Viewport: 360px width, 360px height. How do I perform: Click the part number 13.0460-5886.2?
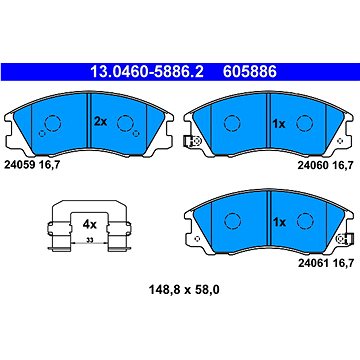[x=147, y=72]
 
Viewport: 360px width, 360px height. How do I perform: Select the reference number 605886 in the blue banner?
[x=250, y=72]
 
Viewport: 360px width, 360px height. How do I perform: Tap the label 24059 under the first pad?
[x=20, y=164]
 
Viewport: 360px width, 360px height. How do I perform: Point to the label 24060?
[x=313, y=166]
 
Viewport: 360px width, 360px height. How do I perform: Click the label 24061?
[x=313, y=264]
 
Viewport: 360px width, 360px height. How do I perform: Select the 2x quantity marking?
[x=100, y=122]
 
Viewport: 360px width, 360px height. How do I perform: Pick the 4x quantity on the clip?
[x=89, y=225]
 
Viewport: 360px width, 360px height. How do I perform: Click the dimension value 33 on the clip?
[x=89, y=239]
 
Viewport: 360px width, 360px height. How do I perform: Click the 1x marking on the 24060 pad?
[x=279, y=124]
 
